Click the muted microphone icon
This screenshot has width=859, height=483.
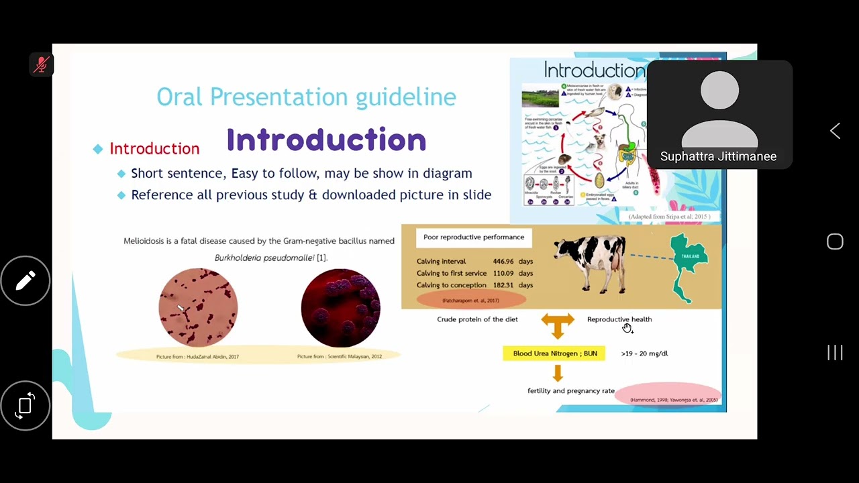tap(42, 64)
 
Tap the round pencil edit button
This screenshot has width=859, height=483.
tap(26, 280)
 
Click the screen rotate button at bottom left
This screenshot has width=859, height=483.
tap(26, 405)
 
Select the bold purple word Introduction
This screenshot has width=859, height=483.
tap(326, 140)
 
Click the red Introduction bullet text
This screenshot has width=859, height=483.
tap(154, 149)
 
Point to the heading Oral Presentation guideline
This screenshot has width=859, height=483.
tap(306, 97)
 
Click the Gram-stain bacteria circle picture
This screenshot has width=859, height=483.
tap(198, 307)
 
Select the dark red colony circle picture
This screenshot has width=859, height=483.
tap(340, 308)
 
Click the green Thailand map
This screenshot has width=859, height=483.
tap(689, 266)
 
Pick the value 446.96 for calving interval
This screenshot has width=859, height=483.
tap(503, 262)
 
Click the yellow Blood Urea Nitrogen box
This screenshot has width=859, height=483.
tap(554, 354)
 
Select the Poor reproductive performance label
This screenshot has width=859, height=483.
tap(473, 237)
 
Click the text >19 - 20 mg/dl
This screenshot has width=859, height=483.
tap(644, 354)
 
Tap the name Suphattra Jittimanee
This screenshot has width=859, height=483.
tap(718, 156)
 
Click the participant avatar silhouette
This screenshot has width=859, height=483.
tap(719, 107)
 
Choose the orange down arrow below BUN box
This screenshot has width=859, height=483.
tap(558, 372)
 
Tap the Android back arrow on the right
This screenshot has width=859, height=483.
tap(835, 131)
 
